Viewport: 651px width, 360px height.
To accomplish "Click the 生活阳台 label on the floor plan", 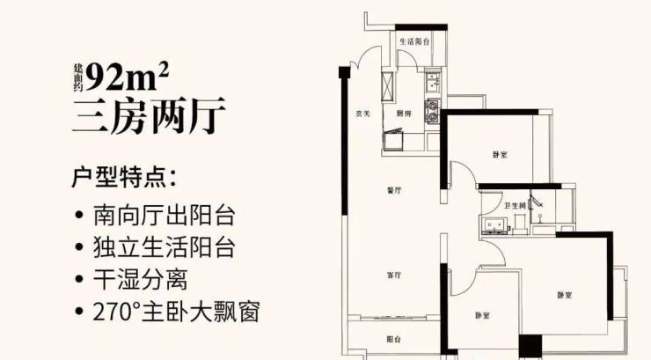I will [x=413, y=41].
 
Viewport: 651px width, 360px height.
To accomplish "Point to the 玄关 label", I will [x=362, y=113].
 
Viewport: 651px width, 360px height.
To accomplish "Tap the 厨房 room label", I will [x=403, y=114].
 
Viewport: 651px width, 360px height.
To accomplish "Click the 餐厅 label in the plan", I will [x=393, y=190].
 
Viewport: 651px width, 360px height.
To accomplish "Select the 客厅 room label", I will [x=393, y=276].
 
